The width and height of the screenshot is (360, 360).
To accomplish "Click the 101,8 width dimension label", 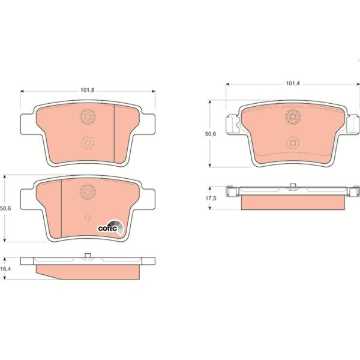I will point(88,91).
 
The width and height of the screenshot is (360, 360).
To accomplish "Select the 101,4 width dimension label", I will point(292,84).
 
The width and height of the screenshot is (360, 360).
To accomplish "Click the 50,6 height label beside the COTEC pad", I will point(7,208).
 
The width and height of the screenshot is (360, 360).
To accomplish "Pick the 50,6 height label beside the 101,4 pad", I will point(211,134).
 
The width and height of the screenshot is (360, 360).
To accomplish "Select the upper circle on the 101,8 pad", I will point(88,116).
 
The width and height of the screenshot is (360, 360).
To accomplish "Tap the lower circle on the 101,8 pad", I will point(88,143).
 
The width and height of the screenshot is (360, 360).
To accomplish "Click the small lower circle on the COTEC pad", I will point(88,217).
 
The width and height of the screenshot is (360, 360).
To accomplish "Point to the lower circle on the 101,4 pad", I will point(292,142).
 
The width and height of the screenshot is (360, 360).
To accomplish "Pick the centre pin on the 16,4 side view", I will point(88,257).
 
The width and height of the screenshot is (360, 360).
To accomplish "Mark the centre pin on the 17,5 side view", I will point(292,185).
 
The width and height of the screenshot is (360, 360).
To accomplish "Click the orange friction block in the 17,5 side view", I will point(292,203).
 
